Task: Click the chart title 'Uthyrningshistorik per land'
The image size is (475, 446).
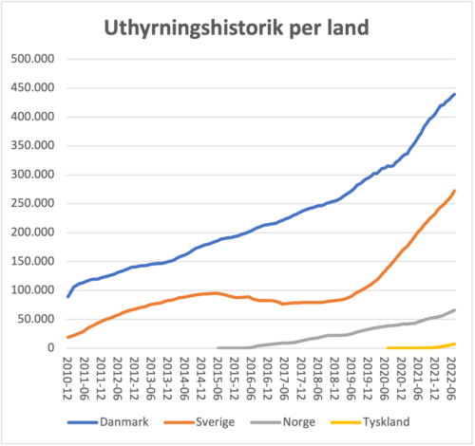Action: tap(235, 28)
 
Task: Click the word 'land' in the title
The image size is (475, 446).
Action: tap(341, 28)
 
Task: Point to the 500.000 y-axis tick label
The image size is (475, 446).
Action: tap(33, 58)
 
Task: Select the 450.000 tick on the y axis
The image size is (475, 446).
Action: tap(33, 87)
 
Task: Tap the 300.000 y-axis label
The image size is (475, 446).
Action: tap(33, 174)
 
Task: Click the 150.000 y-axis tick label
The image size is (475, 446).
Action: tap(33, 261)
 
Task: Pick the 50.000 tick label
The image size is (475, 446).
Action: tap(36, 319)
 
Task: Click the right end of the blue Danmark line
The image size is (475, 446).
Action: tap(455, 94)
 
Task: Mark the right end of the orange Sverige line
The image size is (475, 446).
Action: tap(455, 191)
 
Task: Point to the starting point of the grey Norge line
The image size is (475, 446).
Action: tap(218, 347)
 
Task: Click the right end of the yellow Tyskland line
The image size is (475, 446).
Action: tap(455, 344)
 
